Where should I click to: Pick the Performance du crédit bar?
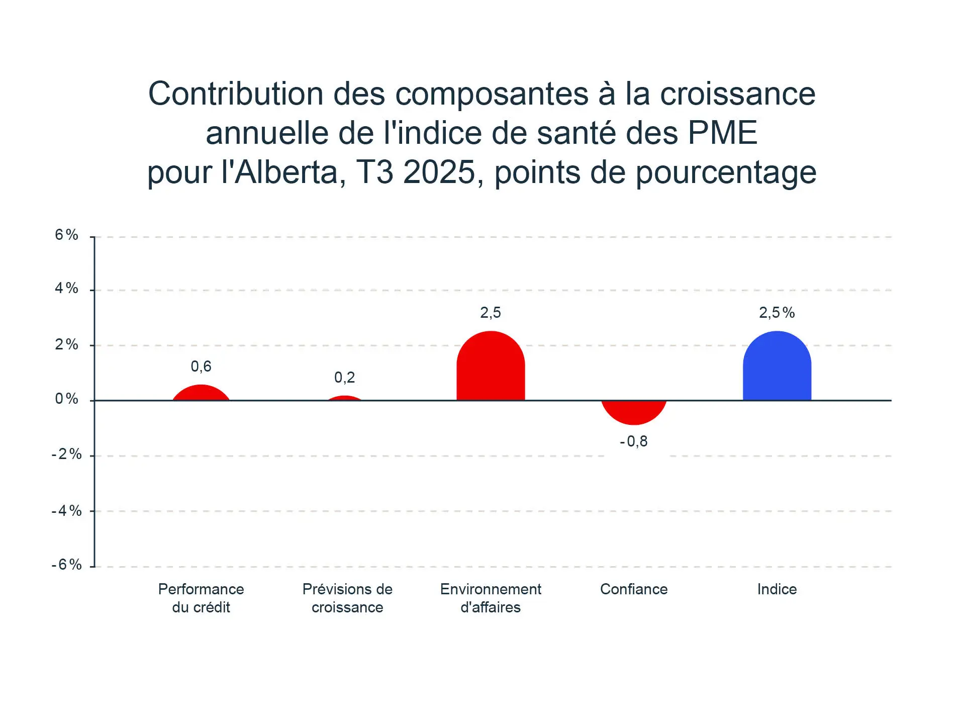click(x=201, y=393)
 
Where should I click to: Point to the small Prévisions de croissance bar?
click(x=345, y=398)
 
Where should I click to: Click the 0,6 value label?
click(x=201, y=367)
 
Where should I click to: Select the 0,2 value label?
click(x=345, y=378)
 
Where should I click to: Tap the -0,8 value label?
click(x=634, y=441)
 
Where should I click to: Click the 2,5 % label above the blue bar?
click(x=777, y=313)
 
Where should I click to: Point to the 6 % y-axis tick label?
click(x=67, y=235)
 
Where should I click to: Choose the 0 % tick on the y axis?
click(x=67, y=399)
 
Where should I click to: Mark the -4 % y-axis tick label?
click(x=67, y=511)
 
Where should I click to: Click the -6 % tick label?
click(x=67, y=565)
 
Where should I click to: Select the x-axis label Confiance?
click(x=634, y=589)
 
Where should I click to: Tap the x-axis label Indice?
click(x=777, y=589)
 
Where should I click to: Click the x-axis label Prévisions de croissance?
click(x=347, y=598)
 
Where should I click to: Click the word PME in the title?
click(x=722, y=133)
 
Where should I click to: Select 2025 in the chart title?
click(x=439, y=172)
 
